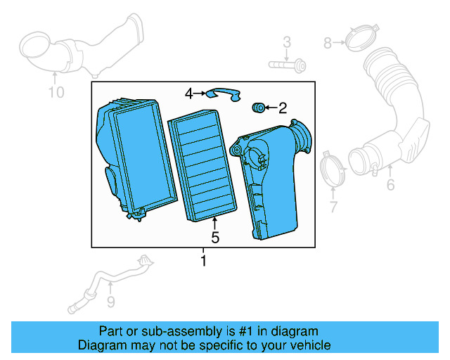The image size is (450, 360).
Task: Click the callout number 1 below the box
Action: (x=204, y=262)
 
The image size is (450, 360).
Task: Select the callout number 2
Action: (x=283, y=108)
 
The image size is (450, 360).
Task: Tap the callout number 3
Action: (x=287, y=44)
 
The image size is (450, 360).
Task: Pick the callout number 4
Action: (x=189, y=93)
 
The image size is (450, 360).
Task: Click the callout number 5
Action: (x=215, y=238)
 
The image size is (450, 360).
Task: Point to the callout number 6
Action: (x=390, y=186)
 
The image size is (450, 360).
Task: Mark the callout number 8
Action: (x=328, y=44)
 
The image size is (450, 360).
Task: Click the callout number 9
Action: (x=110, y=302)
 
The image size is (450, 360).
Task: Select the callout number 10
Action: (x=56, y=92)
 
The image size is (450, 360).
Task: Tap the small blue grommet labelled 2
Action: (x=257, y=107)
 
